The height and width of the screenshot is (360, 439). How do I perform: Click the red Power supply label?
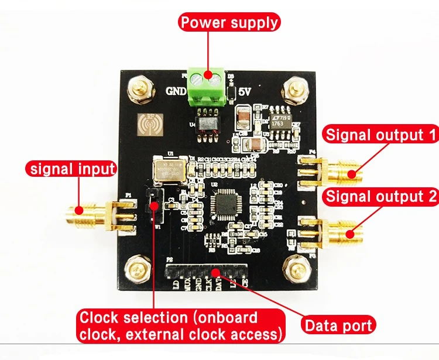coord(229,23)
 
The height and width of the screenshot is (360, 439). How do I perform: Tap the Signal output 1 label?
coord(382,135)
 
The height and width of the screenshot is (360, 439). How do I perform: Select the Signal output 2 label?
coord(382,196)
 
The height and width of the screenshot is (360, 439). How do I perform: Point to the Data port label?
coord(338,325)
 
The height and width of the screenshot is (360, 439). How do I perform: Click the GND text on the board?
coord(177,91)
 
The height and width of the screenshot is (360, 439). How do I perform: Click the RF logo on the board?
coord(146,125)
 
